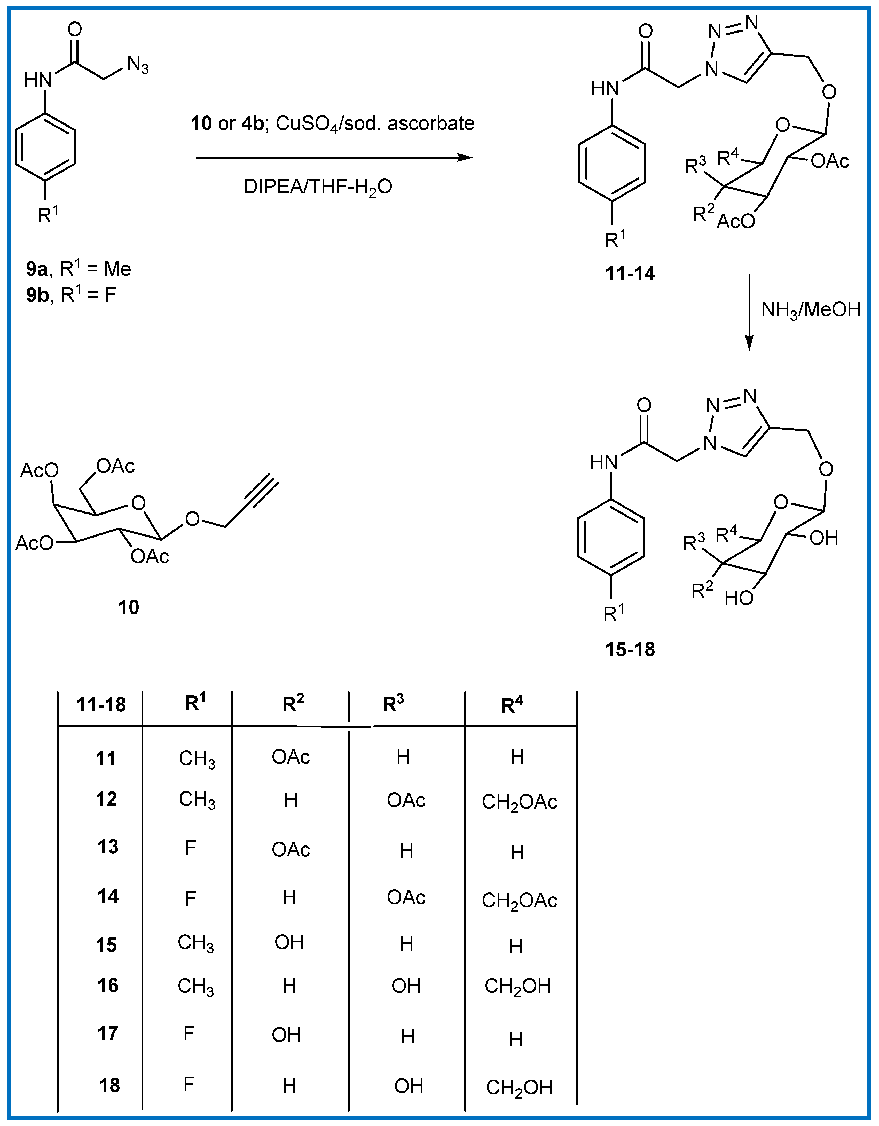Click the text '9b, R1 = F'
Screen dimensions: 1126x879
point(71,295)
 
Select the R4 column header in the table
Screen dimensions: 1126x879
point(512,704)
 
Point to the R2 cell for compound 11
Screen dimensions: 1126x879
point(291,757)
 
